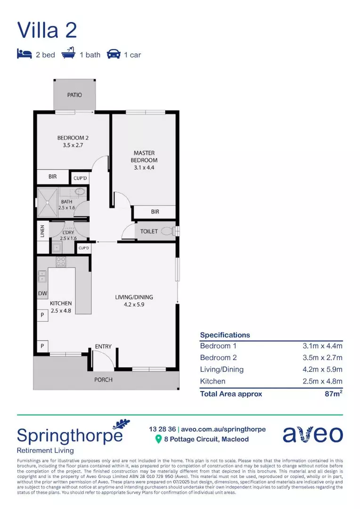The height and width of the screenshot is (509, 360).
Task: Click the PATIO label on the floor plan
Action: [x=74, y=95]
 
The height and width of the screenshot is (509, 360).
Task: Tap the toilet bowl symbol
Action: [x=166, y=231]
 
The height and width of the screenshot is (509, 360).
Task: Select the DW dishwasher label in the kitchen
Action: [x=42, y=294]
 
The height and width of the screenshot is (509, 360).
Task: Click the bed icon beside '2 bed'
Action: [x=24, y=54]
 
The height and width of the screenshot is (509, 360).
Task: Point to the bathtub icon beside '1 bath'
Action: [x=68, y=54]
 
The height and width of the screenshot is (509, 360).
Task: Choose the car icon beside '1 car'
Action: [x=113, y=54]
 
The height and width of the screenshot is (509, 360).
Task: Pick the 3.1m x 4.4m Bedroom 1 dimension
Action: [x=322, y=345]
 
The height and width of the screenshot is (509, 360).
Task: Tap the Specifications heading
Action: [x=225, y=335]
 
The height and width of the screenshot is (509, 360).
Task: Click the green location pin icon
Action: [x=159, y=439]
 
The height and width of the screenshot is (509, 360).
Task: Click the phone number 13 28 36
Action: [x=162, y=429]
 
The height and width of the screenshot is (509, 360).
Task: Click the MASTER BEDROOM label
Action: [x=144, y=156]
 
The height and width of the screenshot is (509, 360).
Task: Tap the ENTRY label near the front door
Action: [x=103, y=346]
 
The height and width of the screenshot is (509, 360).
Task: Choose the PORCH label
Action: [x=103, y=379]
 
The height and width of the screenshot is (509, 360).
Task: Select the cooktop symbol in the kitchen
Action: [x=61, y=262]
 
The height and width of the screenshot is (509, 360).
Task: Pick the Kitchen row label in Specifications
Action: [x=213, y=381]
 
